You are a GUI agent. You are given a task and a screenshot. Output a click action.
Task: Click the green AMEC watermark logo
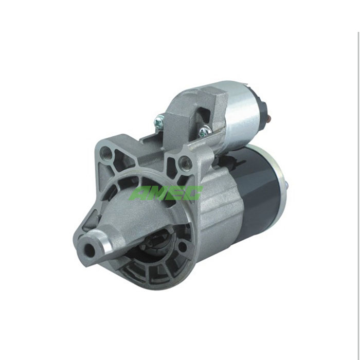point(166,192)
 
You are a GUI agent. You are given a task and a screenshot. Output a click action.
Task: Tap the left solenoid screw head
point(158,121)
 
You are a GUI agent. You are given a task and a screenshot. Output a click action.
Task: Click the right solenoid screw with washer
point(204,132)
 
